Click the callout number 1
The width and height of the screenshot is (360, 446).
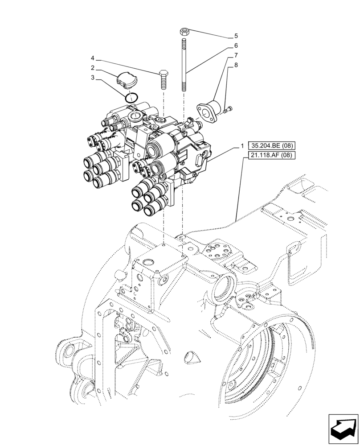click(x=242, y=146)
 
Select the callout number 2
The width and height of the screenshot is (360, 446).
click(x=92, y=68)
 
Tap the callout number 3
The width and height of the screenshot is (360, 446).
click(x=92, y=77)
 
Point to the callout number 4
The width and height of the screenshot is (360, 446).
click(x=92, y=58)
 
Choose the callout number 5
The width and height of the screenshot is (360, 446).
click(x=236, y=36)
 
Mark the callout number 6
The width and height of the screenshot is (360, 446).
click(x=236, y=45)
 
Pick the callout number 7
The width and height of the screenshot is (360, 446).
click(x=236, y=55)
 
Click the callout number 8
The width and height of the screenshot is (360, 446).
click(x=236, y=65)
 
